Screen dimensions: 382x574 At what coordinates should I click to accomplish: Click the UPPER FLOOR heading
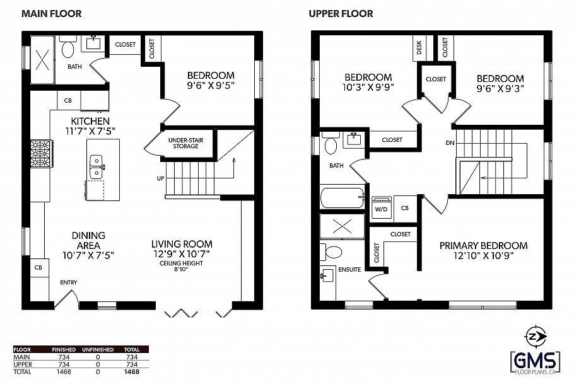pyautogui.click(x=341, y=13)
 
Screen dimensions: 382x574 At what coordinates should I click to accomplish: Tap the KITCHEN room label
pyautogui.click(x=90, y=121)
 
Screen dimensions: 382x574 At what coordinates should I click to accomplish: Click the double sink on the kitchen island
pyautogui.click(x=97, y=166)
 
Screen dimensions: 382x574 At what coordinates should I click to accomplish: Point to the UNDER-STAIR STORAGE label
pyautogui.click(x=183, y=142)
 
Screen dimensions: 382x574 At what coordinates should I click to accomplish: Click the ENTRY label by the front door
pyautogui.click(x=69, y=282)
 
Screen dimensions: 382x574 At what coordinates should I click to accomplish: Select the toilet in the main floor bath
pyautogui.click(x=69, y=47)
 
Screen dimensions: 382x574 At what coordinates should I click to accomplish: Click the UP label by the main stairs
pyautogui.click(x=161, y=178)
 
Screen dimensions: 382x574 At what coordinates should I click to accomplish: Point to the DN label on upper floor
pyautogui.click(x=450, y=143)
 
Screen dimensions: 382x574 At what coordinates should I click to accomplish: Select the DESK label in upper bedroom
pyautogui.click(x=419, y=48)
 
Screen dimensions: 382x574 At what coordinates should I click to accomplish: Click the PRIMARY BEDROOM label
pyautogui.click(x=483, y=245)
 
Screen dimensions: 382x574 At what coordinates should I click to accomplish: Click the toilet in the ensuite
pyautogui.click(x=331, y=252)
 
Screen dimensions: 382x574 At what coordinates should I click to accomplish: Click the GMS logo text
pyautogui.click(x=535, y=361)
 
